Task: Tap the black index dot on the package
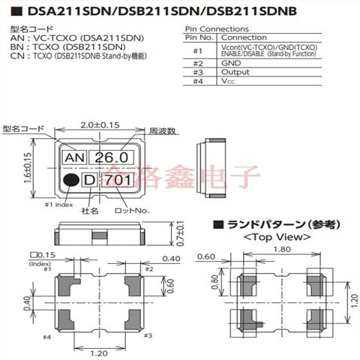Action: (x=70, y=180)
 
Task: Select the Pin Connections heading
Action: (x=217, y=27)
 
